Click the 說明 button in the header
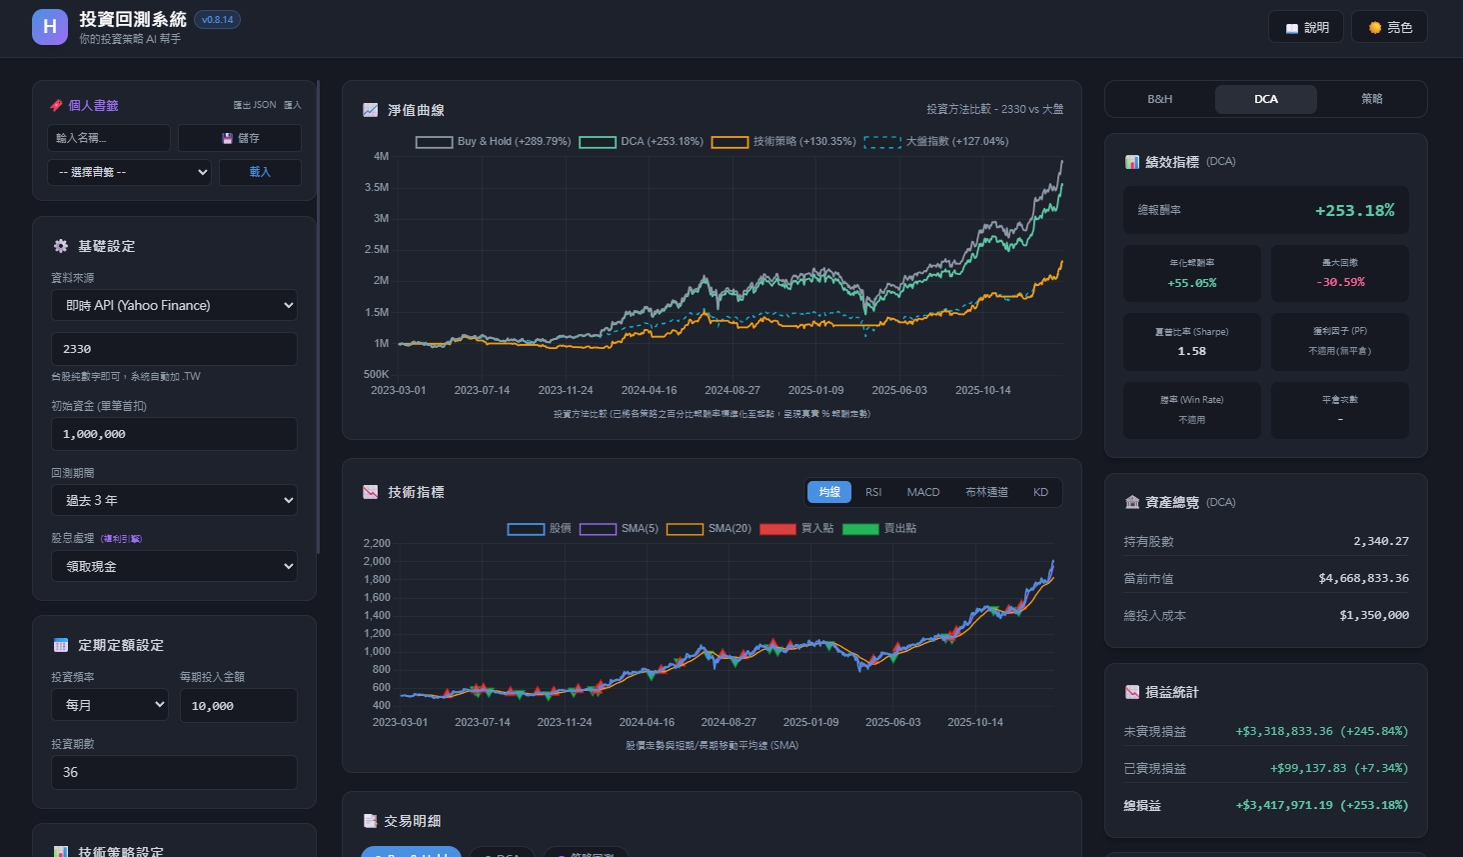[1307, 28]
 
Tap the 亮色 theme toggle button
[1389, 28]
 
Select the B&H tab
[1159, 99]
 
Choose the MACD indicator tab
[922, 492]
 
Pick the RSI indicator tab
[873, 492]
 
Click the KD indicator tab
[1040, 492]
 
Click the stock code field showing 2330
[174, 349]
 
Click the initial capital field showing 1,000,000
[174, 434]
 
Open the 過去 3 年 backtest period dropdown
[174, 500]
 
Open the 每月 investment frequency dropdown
[110, 705]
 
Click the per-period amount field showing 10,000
[238, 706]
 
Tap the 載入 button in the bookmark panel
[260, 172]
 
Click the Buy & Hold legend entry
[494, 142]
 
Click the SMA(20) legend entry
[710, 529]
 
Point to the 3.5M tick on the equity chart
[377, 187]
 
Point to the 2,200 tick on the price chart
[377, 543]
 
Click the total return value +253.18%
[1354, 210]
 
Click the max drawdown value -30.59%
[1340, 282]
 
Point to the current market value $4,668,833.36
[1363, 578]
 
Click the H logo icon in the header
[50, 27]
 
